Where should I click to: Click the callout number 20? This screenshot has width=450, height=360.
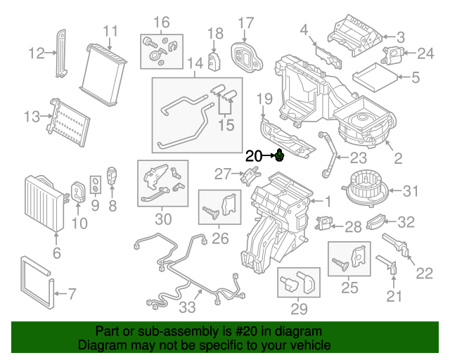(x=254, y=156)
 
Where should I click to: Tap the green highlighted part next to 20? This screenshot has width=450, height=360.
(x=279, y=155)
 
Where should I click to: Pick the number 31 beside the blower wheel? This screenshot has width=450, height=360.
(x=411, y=190)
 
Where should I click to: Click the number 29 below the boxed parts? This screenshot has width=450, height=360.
(x=299, y=309)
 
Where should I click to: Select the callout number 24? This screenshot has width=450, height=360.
(x=426, y=53)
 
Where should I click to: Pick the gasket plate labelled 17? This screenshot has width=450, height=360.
(x=246, y=54)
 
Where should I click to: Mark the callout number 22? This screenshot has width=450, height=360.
(x=425, y=272)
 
